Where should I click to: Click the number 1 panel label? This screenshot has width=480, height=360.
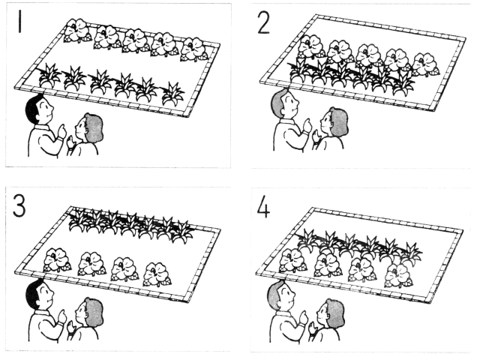click(20, 22)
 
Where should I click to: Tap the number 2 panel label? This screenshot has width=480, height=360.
click(263, 23)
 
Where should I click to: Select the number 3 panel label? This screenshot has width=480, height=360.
click(19, 207)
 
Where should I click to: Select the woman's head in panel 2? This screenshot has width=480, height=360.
click(334, 122)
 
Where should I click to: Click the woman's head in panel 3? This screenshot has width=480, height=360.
click(89, 313)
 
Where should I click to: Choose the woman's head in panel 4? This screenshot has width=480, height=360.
click(331, 314)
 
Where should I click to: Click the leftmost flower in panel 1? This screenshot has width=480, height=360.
click(77, 31)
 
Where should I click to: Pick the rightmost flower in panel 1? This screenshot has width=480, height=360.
click(193, 49)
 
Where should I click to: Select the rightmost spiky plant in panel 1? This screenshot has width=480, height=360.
click(173, 93)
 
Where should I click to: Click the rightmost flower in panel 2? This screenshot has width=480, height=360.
click(425, 65)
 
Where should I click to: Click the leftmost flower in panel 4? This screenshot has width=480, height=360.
click(292, 260)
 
